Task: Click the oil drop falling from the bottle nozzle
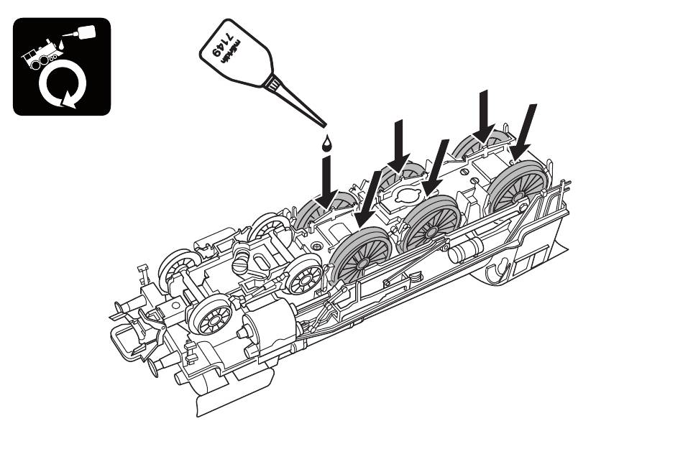tap(326, 143)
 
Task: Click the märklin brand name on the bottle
tap(232, 52)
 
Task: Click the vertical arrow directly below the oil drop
tap(326, 182)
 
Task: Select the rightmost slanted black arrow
tap(524, 132)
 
